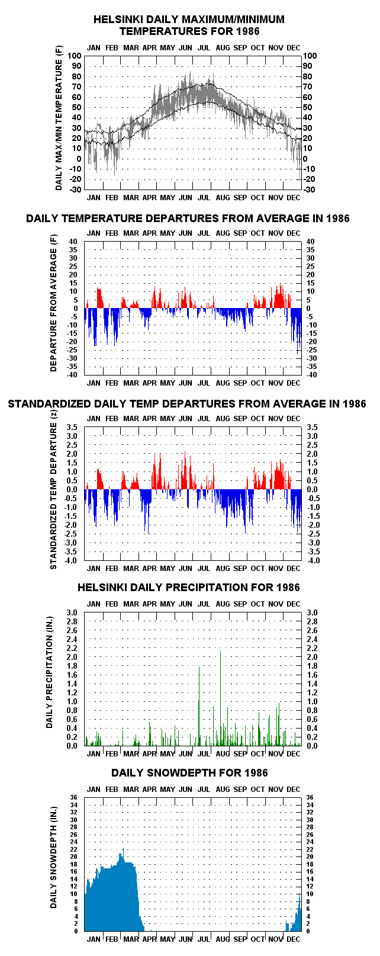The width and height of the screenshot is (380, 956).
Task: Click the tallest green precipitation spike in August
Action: tap(221, 698)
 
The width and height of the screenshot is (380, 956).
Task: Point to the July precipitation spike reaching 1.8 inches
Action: tap(199, 706)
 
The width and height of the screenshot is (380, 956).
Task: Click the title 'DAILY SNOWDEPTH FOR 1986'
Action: tap(189, 773)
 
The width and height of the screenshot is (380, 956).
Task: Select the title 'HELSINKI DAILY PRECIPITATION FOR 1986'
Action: tap(188, 588)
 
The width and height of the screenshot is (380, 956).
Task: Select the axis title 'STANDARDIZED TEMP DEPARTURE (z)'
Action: tap(53, 489)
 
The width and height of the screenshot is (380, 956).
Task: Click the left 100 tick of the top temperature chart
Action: tap(74, 56)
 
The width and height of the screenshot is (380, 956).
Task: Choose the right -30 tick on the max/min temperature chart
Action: tap(310, 190)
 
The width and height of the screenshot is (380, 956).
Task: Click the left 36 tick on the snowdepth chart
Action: tap(74, 797)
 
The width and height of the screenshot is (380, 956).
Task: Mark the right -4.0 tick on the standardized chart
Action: tap(313, 560)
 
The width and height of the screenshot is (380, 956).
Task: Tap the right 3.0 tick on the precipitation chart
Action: tap(312, 612)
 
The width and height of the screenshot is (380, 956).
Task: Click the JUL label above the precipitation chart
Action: tap(204, 604)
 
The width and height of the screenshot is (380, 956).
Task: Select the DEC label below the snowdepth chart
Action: tap(294, 939)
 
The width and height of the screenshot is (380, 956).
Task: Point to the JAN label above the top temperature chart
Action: tap(94, 48)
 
